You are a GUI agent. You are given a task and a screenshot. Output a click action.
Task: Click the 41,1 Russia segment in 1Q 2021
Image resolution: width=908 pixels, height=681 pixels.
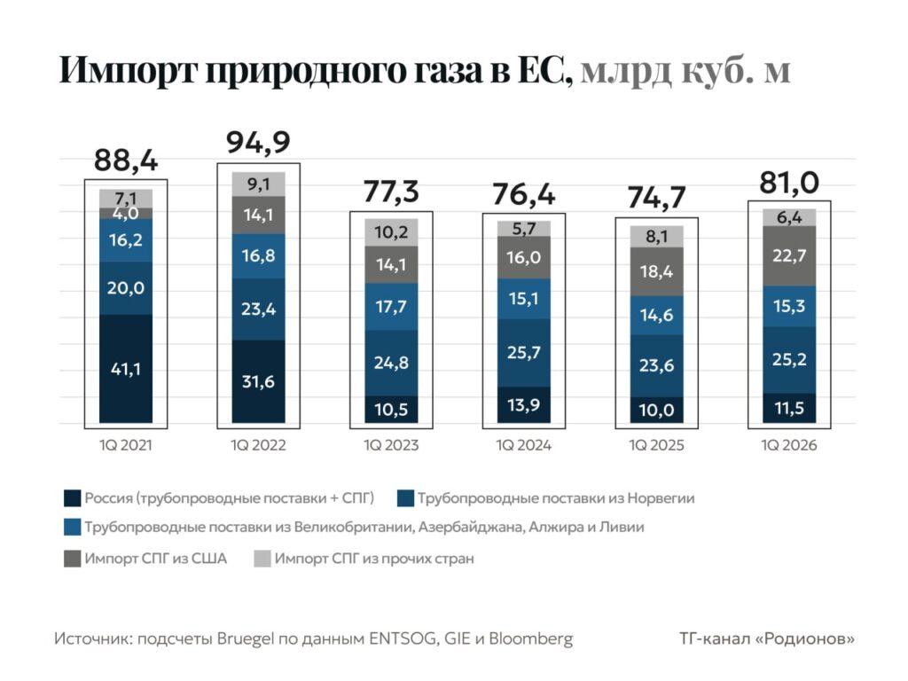[x=126, y=369]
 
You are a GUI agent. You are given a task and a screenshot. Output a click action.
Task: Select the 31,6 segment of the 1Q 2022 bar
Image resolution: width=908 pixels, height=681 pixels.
[x=259, y=382]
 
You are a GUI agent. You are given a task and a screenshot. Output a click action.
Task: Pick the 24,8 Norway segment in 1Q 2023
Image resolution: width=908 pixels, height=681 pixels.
[x=392, y=363]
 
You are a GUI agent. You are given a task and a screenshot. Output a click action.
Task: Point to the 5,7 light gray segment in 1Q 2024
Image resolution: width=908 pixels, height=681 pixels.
[x=525, y=229]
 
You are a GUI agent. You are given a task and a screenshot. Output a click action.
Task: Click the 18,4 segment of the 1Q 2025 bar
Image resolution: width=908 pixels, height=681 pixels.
[x=657, y=271]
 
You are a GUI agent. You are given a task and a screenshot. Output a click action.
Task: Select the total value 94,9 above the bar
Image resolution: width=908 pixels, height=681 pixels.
[x=258, y=142]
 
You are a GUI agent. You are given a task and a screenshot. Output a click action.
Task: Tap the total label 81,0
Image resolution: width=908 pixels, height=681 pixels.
[x=789, y=184]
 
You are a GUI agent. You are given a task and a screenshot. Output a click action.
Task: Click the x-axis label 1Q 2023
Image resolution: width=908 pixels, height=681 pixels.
[x=391, y=445]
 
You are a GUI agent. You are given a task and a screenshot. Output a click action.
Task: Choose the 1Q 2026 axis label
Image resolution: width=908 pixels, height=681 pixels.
[x=790, y=445]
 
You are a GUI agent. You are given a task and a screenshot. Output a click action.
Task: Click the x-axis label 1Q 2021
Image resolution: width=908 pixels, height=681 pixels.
[x=126, y=445]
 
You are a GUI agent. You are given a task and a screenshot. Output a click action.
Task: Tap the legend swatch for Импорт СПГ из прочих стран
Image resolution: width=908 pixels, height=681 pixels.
[x=262, y=559]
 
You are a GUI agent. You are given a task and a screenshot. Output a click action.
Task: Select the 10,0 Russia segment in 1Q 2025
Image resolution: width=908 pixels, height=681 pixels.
[x=657, y=410]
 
